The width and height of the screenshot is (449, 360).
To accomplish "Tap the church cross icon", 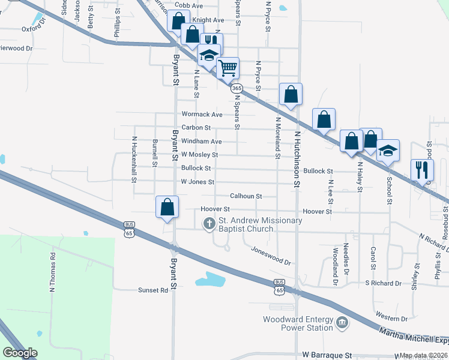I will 209,224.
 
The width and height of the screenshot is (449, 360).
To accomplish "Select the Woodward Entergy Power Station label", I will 298,323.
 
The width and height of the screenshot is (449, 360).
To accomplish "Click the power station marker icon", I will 342,323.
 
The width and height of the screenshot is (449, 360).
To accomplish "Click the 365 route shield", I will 236,88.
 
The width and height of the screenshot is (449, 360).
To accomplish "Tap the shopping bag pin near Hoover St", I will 167,207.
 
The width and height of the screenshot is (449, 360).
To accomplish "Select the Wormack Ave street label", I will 202,114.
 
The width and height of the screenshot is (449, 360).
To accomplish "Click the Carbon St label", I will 196,127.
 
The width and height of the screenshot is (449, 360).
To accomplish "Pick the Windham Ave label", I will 202,141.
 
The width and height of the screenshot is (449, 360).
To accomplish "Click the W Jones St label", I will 197,181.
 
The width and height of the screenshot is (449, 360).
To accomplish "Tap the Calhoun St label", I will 246,196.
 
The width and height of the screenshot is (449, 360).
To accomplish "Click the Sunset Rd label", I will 155,290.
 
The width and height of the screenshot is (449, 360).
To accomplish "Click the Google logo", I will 20,353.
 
